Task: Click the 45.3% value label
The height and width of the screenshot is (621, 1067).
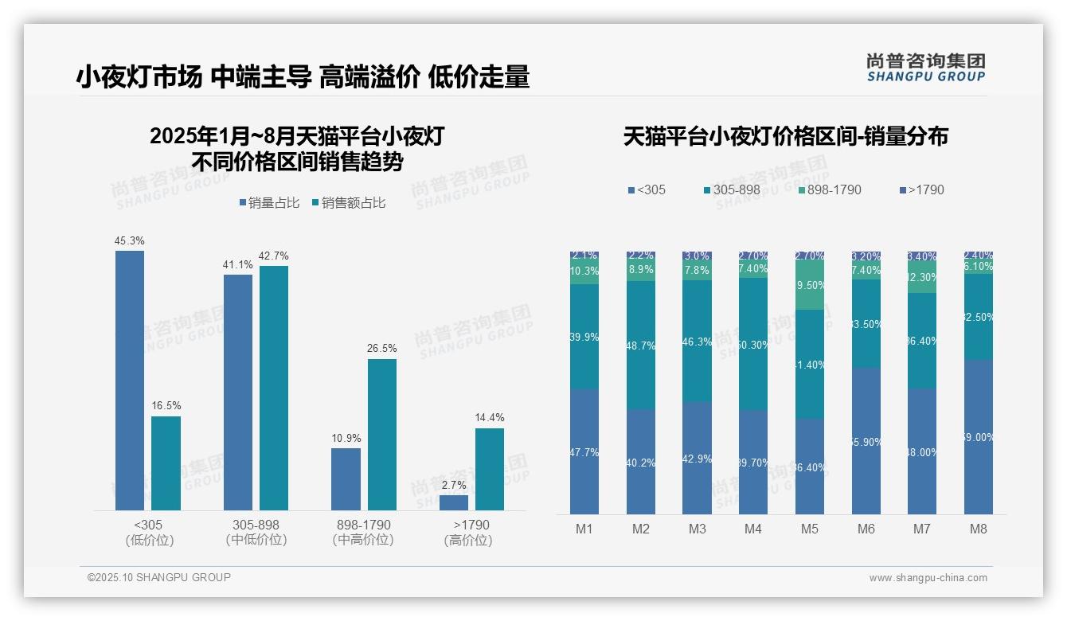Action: pyautogui.click(x=130, y=240)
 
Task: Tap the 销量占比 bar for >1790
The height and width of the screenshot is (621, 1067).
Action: pyautogui.click(x=454, y=502)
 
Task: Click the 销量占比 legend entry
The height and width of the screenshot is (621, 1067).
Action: pyautogui.click(x=268, y=203)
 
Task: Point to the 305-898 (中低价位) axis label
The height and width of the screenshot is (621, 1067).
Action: pyautogui.click(x=256, y=533)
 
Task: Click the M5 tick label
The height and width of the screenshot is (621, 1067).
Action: pyautogui.click(x=809, y=529)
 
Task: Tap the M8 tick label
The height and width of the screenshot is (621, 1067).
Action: pyautogui.click(x=979, y=529)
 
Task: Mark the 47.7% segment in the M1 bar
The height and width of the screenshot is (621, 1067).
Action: pyautogui.click(x=584, y=451)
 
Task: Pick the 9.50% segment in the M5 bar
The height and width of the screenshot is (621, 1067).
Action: pyautogui.click(x=809, y=284)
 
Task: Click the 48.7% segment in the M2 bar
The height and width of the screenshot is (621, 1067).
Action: pyautogui.click(x=641, y=345)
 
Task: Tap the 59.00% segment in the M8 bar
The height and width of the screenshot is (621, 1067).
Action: pyautogui.click(x=979, y=436)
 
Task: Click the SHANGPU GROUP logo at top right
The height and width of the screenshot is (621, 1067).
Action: pyautogui.click(x=926, y=68)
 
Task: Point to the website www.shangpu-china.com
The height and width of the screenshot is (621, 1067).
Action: pyautogui.click(x=928, y=578)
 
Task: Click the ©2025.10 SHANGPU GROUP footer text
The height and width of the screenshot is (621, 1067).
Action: pyautogui.click(x=159, y=578)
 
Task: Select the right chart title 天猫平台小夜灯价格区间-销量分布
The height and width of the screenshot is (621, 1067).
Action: pyautogui.click(x=785, y=137)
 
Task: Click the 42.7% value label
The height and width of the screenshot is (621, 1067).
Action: pyautogui.click(x=274, y=256)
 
